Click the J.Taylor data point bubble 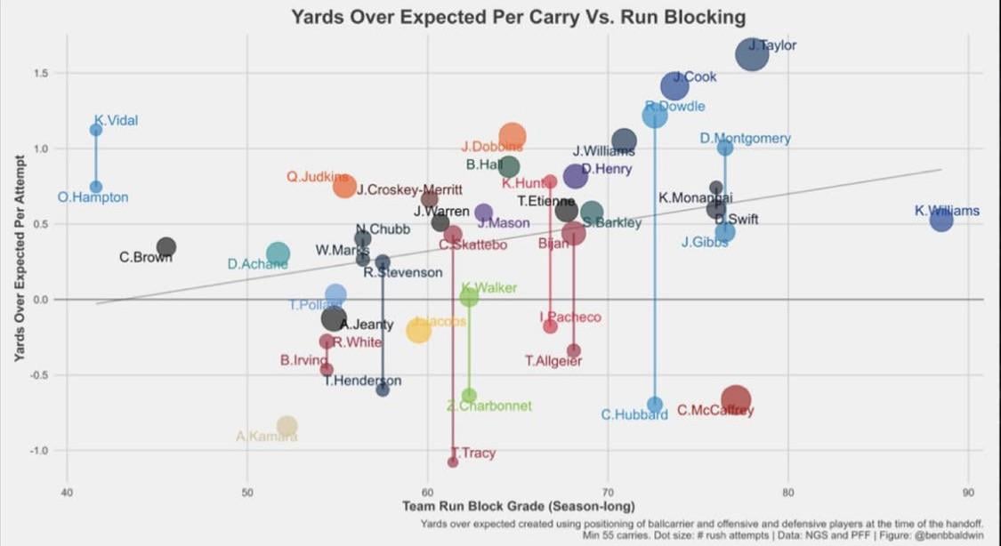752,54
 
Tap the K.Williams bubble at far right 941,219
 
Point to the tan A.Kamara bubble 287,426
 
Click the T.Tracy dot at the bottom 453,462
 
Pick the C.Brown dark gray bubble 165,247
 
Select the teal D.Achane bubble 278,253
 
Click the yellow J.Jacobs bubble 418,330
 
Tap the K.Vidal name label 116,121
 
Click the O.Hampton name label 93,197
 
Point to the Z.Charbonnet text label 488,405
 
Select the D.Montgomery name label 745,138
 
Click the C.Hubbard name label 634,414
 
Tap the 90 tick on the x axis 967,492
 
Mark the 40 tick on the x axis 66,492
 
